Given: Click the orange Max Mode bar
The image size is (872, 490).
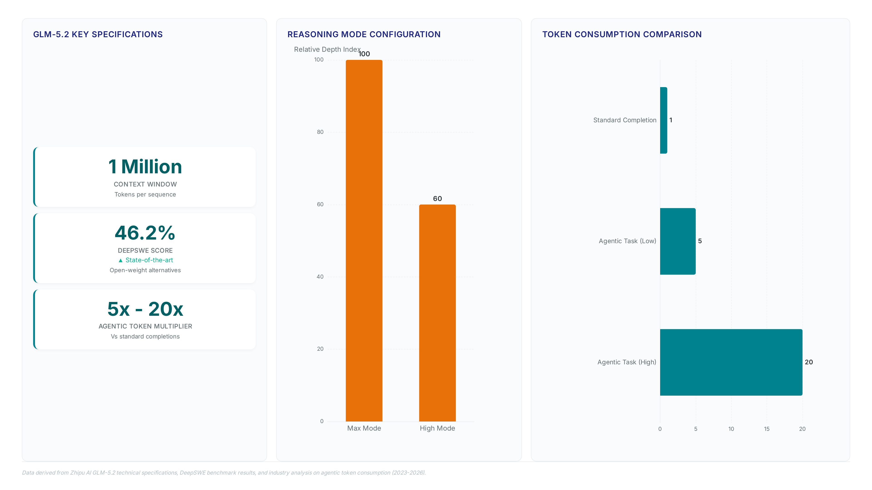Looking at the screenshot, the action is click(x=364, y=240).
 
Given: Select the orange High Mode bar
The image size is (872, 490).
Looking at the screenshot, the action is click(x=437, y=313).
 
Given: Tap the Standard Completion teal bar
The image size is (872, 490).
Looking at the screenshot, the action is click(x=664, y=120).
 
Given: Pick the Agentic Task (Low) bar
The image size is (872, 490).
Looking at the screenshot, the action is click(x=678, y=241).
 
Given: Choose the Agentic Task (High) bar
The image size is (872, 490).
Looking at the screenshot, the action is click(x=731, y=362).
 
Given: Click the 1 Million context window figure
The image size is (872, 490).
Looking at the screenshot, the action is click(x=145, y=167).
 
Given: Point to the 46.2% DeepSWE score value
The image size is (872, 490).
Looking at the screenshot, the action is click(x=145, y=233).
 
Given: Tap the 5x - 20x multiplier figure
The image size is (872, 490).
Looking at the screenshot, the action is click(x=145, y=309).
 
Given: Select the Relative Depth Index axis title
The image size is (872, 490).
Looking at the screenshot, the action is click(x=327, y=49).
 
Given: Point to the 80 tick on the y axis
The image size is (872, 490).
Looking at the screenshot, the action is click(x=320, y=132).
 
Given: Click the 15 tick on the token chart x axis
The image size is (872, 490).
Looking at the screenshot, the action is click(x=767, y=429).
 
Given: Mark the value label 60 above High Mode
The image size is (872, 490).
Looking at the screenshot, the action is click(x=437, y=198).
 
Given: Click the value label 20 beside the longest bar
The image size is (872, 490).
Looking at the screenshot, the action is click(x=809, y=362).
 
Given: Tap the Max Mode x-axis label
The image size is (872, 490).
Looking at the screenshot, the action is click(x=364, y=428).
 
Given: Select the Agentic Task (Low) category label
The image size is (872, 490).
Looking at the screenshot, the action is click(x=627, y=241).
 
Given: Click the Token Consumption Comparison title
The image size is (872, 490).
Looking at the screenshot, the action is click(x=622, y=34).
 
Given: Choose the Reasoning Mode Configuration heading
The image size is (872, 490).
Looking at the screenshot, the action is click(x=364, y=34).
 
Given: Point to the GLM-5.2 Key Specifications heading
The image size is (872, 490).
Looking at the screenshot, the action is click(x=98, y=34).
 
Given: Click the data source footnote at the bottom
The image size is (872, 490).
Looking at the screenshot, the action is click(x=224, y=473).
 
